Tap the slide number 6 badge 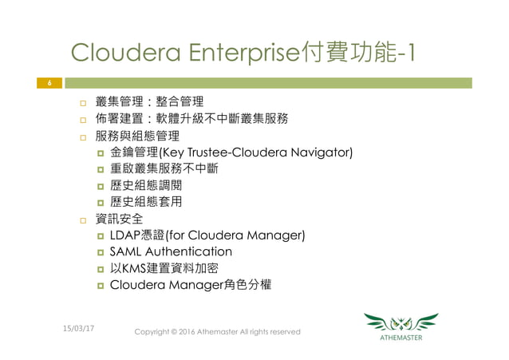pos(49,82)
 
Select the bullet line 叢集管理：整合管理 pos(148,102)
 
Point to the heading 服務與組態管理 pos(136,136)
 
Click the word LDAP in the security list pos(125,235)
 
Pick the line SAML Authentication pos(171,252)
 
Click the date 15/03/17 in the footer pos(77,327)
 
